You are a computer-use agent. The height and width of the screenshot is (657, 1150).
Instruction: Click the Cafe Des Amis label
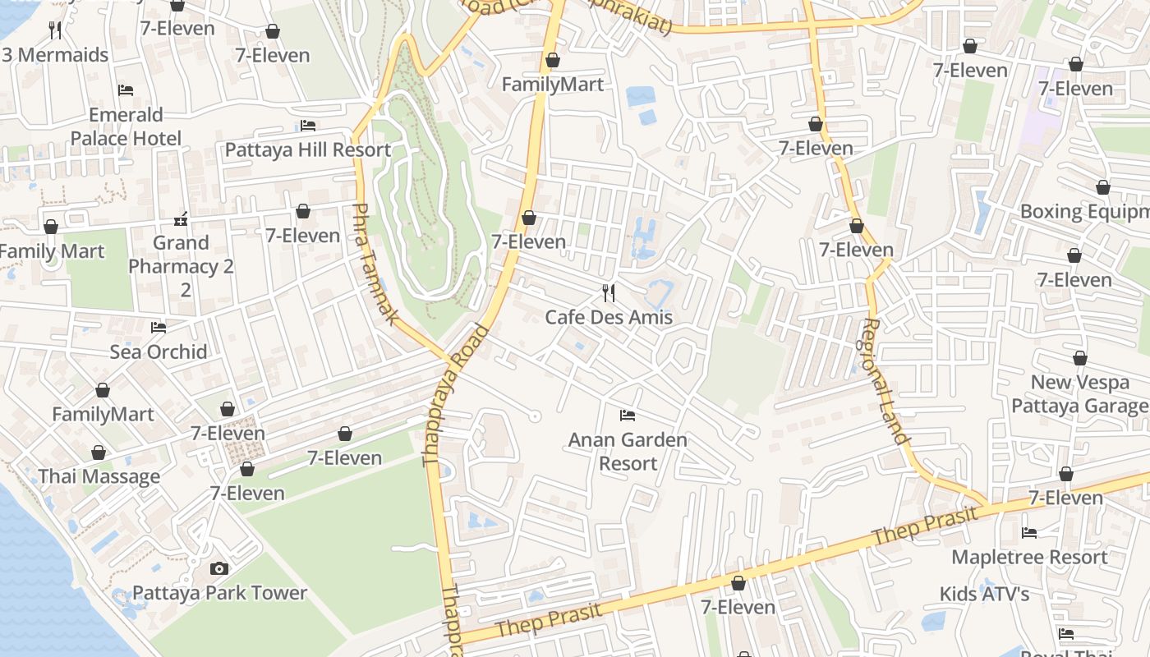pos(609,317)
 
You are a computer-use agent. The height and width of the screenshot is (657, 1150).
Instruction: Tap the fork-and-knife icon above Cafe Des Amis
pos(609,292)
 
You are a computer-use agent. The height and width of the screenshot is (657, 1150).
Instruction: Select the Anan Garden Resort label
pos(628,451)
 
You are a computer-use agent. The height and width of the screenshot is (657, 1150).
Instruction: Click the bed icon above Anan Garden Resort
pos(628,415)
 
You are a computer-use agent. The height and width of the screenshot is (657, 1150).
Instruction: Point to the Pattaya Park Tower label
pos(219,593)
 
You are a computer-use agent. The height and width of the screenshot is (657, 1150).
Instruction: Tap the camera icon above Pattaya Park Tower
pos(218,568)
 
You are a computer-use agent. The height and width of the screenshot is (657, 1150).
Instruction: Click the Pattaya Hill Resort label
pos(307,149)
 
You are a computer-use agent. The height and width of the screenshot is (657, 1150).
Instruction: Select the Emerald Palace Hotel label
pos(126,126)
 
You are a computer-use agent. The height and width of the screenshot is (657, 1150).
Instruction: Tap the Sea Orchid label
pos(159,351)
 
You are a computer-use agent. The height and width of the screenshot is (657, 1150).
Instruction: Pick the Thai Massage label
pos(99,476)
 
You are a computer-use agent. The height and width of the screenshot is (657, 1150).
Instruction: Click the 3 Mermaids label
pos(55,55)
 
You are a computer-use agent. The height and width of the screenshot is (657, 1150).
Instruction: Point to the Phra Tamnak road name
pos(375,263)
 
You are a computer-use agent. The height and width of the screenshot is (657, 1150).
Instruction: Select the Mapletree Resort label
pos(1029,557)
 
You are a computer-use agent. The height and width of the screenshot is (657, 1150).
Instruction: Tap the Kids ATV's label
pos(985,593)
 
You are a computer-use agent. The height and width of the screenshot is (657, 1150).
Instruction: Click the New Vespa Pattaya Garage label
pos(1079,393)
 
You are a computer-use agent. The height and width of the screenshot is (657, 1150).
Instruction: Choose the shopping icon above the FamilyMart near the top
pos(553,60)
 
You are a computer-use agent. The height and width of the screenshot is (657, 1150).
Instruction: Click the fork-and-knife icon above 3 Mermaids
pos(55,30)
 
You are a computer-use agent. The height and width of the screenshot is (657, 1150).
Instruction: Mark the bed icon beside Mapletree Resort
pos(1029,532)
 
